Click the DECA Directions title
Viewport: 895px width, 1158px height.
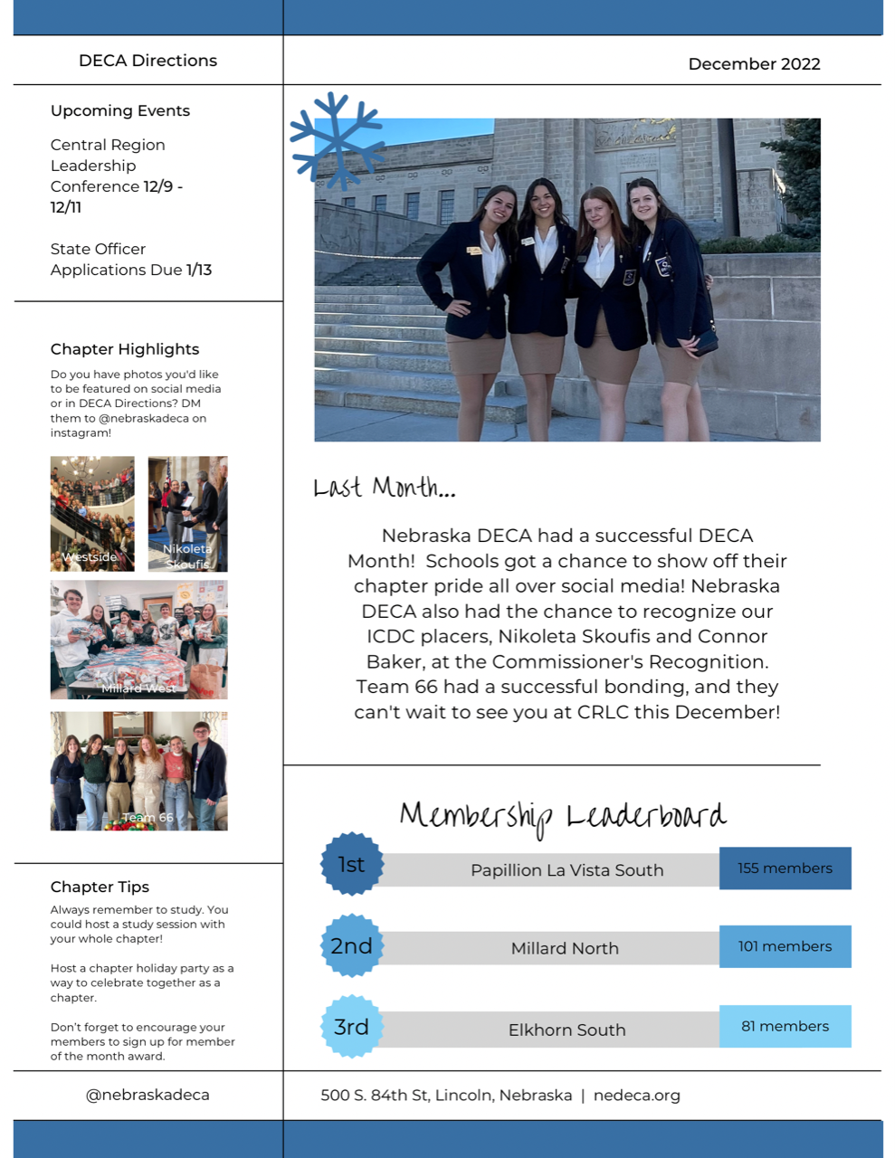tap(148, 61)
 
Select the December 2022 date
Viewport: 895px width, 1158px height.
tap(754, 64)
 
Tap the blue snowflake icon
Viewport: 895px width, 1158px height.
tap(337, 140)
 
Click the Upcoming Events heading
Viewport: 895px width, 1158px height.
tap(120, 110)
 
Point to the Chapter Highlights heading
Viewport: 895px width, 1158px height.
tap(125, 349)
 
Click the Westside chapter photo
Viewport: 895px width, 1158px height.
tap(92, 513)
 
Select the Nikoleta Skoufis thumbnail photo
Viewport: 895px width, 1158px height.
tap(187, 513)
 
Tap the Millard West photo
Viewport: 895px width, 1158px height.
tap(138, 640)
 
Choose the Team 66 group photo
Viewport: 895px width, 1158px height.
tap(138, 771)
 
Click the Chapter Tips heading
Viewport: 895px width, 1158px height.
tap(100, 887)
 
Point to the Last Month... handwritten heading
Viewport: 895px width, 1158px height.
tap(385, 489)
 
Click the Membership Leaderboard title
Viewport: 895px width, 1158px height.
tap(563, 816)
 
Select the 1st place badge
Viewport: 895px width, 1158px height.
tap(352, 864)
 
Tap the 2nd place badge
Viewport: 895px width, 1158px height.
tap(352, 946)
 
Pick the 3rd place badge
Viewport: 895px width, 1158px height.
tap(352, 1027)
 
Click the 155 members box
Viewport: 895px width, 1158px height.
tap(785, 868)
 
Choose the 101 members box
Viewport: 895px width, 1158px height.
tap(785, 946)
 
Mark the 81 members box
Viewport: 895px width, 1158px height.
tap(785, 1027)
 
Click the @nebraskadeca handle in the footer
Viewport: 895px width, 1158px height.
tap(148, 1095)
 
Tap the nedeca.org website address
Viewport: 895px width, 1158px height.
tap(636, 1096)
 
